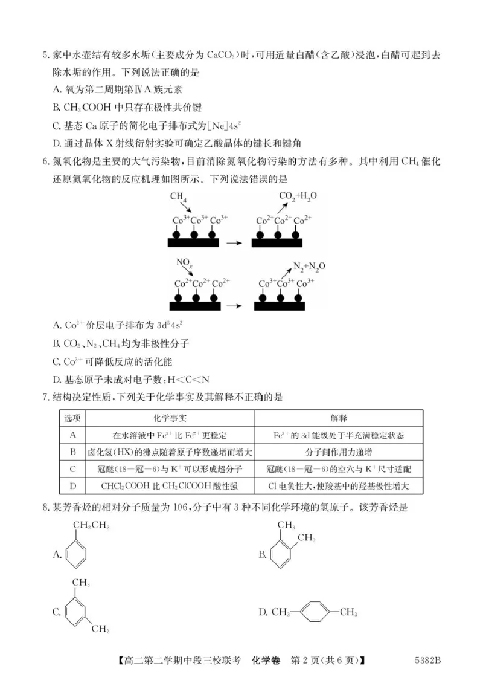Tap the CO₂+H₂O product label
(x=298, y=196)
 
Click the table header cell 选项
(x=73, y=418)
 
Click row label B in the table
(x=73, y=452)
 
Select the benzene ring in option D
(x=313, y=612)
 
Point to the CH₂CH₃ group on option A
(x=91, y=526)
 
